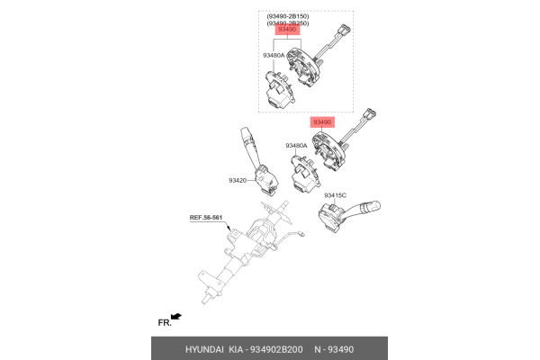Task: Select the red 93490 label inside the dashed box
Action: pos(288,31)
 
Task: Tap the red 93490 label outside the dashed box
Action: pos(322,121)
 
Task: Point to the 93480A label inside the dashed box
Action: pos(274,55)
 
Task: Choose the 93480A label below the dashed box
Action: pos(296,145)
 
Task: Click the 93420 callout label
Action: pos(238,180)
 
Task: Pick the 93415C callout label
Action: pos(335,194)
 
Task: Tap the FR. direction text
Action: pos(164,321)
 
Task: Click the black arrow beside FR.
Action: pos(177,317)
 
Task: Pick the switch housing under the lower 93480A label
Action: pos(303,171)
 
